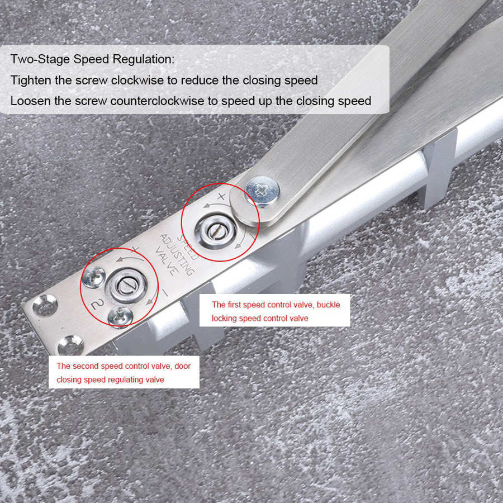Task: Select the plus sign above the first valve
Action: [221, 196]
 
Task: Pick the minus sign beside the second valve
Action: [164, 292]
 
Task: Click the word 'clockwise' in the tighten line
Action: [136, 80]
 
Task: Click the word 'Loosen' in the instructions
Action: [30, 101]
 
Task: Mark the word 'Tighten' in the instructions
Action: [31, 80]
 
